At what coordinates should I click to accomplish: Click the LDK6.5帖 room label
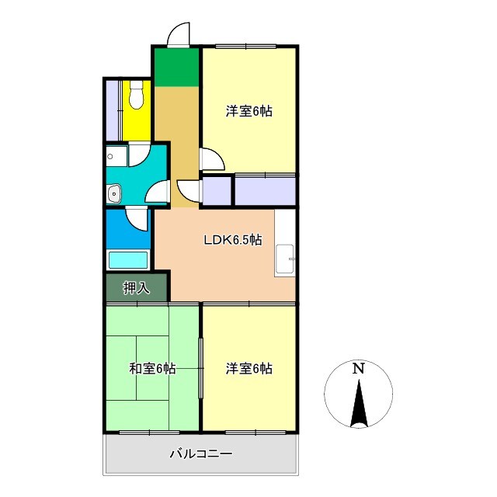click(x=232, y=240)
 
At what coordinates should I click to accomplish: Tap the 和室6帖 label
click(x=151, y=368)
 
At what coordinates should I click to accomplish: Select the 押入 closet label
click(x=137, y=288)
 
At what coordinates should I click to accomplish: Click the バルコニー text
click(x=201, y=454)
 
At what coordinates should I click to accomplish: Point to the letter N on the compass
click(x=358, y=369)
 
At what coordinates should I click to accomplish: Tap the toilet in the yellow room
click(x=137, y=97)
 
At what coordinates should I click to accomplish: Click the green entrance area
click(x=176, y=67)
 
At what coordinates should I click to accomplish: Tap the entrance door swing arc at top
click(x=179, y=34)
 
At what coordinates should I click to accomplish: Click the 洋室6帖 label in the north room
click(x=249, y=111)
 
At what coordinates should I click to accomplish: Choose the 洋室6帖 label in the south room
click(x=249, y=368)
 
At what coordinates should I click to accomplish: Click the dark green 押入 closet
click(x=137, y=288)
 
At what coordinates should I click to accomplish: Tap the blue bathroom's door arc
click(x=137, y=219)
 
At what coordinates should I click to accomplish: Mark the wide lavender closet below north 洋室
click(x=265, y=191)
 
